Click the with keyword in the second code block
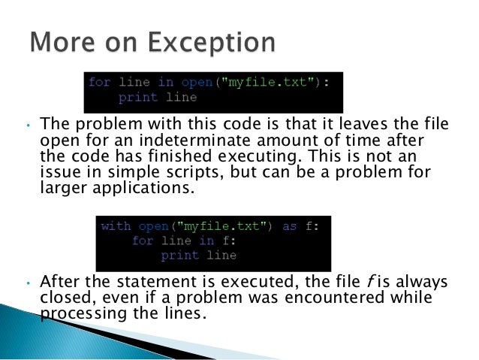point(115,225)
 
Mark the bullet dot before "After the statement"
point(26,283)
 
